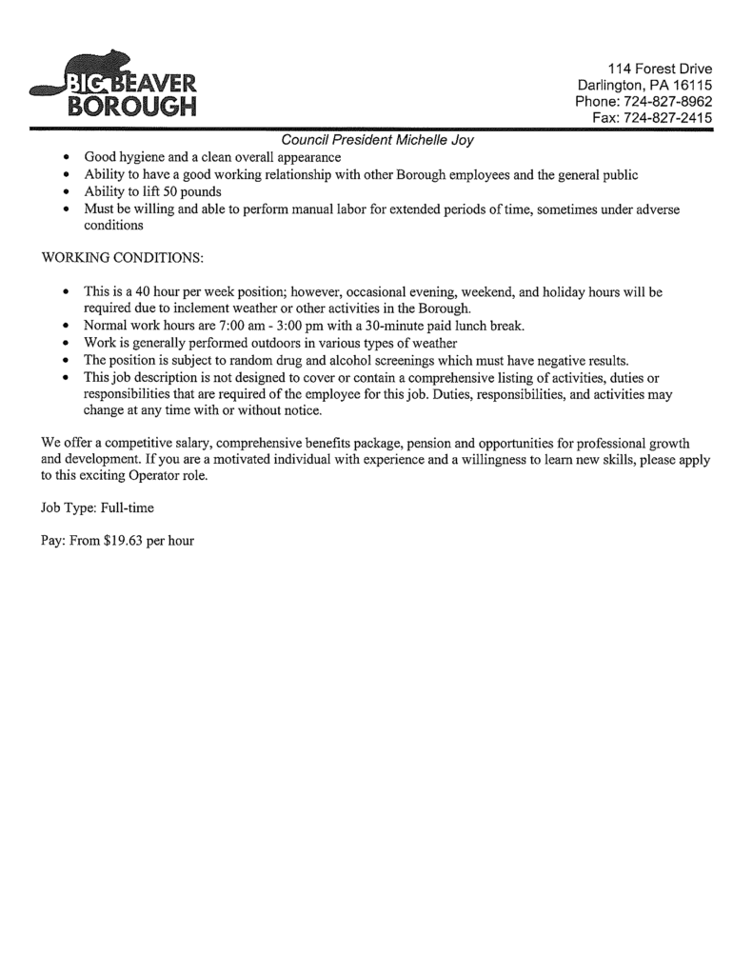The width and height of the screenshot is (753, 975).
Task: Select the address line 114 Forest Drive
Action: pos(661,68)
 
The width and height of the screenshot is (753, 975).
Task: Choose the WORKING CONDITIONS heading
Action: pos(123,258)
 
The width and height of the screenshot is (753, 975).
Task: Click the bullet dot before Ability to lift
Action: pos(64,192)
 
